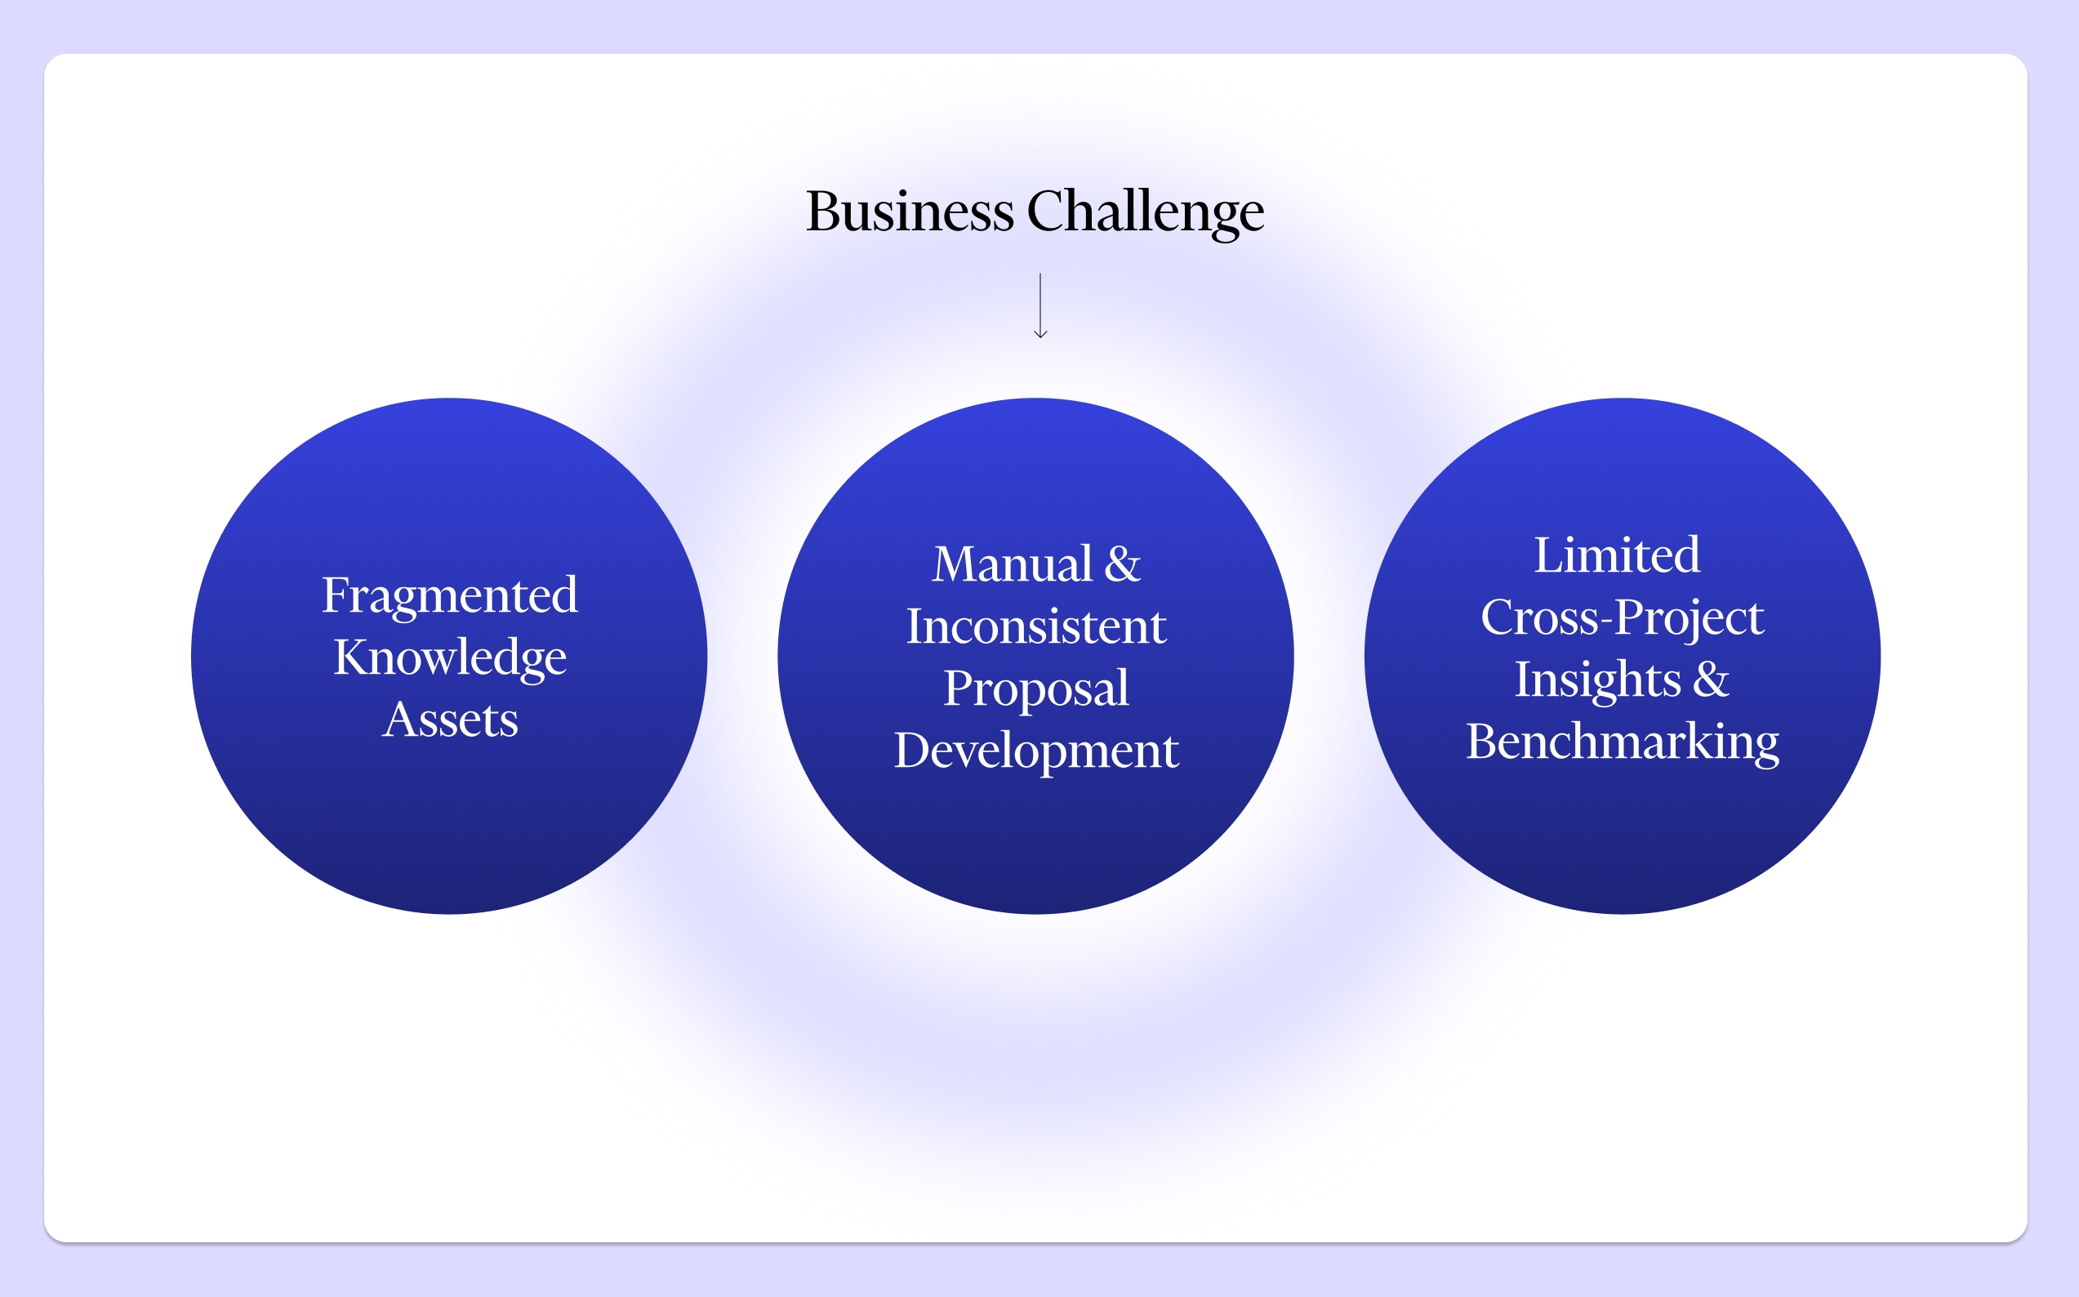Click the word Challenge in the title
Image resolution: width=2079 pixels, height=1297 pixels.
tap(1145, 212)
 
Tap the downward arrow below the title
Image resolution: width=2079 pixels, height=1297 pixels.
tap(1040, 306)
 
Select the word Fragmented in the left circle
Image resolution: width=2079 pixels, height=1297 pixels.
tap(449, 595)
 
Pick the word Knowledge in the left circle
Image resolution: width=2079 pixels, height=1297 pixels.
tap(449, 658)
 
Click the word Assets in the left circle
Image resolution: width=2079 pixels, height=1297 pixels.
tap(450, 719)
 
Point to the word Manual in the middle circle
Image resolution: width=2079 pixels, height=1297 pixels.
tap(1012, 564)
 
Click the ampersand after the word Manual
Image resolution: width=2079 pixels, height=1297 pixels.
tap(1123, 564)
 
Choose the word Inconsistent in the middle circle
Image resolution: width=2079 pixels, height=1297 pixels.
tap(1036, 626)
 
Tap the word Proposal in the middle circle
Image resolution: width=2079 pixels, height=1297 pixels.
tap(1036, 689)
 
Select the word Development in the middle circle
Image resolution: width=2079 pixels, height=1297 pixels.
tap(1036, 751)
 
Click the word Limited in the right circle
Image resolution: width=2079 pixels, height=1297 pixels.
tap(1617, 555)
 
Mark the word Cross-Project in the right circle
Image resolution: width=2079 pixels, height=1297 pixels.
tap(1622, 617)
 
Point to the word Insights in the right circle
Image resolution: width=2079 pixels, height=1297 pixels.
tap(1597, 680)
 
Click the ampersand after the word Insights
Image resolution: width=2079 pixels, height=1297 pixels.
tap(1711, 680)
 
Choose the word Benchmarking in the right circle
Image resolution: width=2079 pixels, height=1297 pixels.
tap(1622, 742)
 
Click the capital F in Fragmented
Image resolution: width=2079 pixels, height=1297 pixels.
tap(334, 595)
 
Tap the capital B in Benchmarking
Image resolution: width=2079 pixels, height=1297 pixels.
tap(1481, 742)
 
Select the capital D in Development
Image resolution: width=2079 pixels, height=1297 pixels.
tap(910, 751)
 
